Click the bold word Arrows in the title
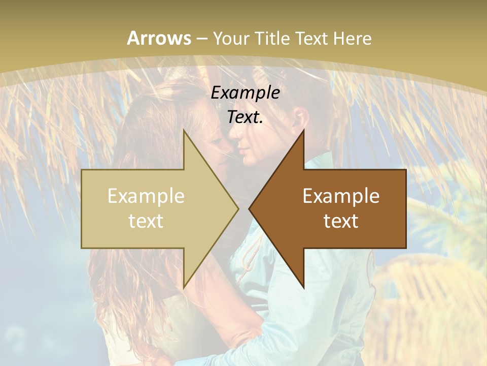tap(159, 38)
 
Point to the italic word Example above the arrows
tap(246, 93)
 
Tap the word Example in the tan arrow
tap(146, 196)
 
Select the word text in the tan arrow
tap(146, 221)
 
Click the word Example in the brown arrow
tap(341, 196)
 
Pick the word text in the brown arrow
tap(341, 221)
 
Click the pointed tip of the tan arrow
tap(238, 208)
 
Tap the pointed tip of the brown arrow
tap(249, 208)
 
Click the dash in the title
tap(201, 39)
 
